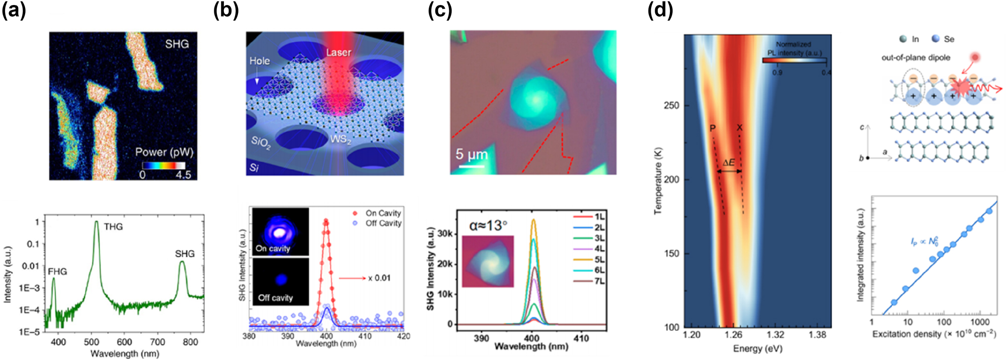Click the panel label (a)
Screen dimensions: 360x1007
(14, 10)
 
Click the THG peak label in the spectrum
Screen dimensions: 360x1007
(113, 227)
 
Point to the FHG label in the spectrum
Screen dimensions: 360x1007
(57, 272)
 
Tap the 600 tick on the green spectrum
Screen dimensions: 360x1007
(124, 342)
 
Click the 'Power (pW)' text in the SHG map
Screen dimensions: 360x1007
(164, 153)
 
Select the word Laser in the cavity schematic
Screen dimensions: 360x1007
(338, 53)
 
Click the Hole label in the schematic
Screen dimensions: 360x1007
(260, 61)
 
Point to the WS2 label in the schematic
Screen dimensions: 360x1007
(340, 139)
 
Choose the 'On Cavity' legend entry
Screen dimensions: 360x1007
(383, 213)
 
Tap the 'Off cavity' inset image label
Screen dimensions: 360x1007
(275, 298)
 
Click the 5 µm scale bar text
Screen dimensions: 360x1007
(472, 155)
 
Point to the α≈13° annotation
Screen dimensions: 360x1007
(488, 226)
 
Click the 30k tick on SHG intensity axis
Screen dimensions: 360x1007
(445, 234)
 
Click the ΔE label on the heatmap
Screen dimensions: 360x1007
(728, 163)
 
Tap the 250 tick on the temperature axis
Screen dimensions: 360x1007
(671, 106)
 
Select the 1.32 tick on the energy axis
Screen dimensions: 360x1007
(775, 335)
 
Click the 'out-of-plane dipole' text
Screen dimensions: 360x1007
(915, 58)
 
